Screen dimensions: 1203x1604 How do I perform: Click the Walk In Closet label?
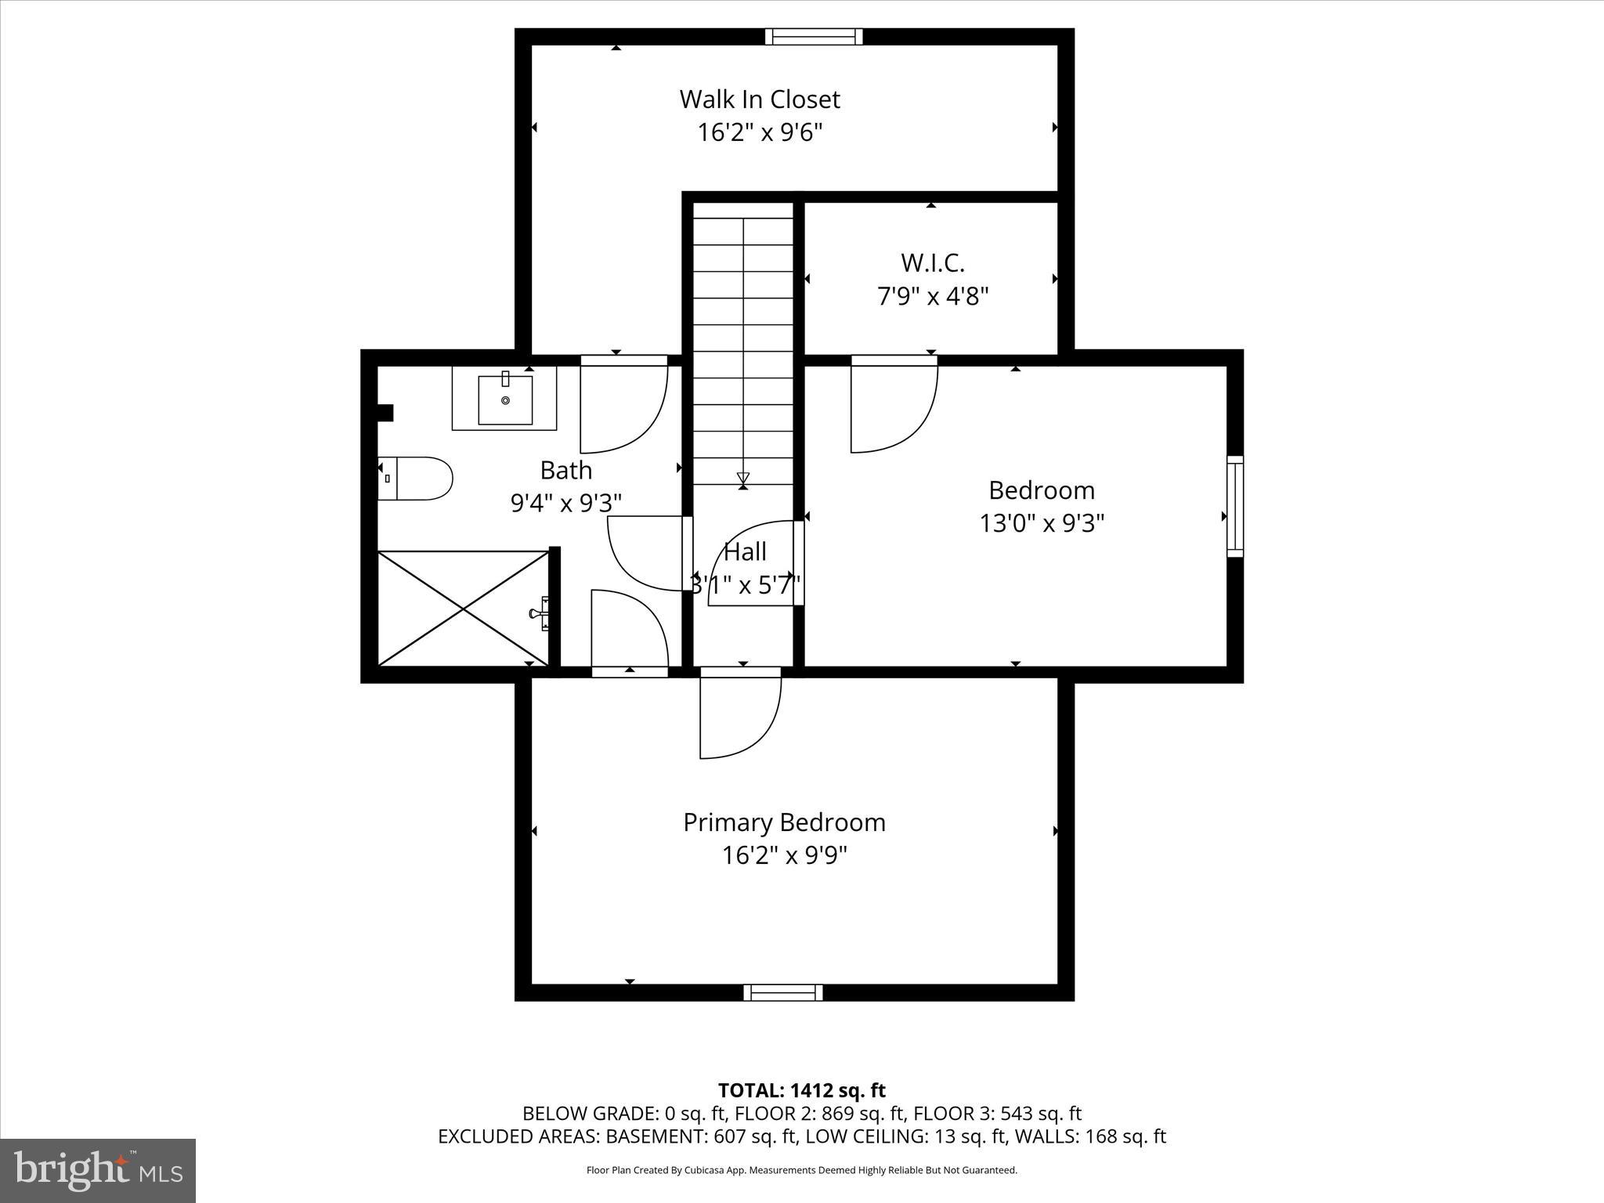(759, 99)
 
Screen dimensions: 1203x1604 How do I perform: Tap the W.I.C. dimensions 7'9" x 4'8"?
(932, 297)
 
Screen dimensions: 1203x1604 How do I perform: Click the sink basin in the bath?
(505, 400)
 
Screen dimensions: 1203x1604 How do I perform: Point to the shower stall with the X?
(464, 609)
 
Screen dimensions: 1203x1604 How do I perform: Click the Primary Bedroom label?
(784, 822)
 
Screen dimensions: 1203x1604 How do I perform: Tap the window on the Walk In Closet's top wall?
(813, 37)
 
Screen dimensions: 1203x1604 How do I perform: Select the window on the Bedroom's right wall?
(1234, 507)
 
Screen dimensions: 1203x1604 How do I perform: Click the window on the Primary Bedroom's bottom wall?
(782, 992)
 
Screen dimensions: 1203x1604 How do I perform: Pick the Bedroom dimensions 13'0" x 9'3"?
(1042, 523)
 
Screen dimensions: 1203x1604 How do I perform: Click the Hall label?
(745, 552)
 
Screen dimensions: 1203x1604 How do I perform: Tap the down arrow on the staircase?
(743, 478)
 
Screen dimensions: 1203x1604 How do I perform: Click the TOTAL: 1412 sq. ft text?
(801, 1090)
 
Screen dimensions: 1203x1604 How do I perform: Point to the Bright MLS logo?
(98, 1170)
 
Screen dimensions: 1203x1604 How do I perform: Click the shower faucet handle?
(541, 613)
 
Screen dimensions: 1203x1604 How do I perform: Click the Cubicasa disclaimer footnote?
(801, 1170)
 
